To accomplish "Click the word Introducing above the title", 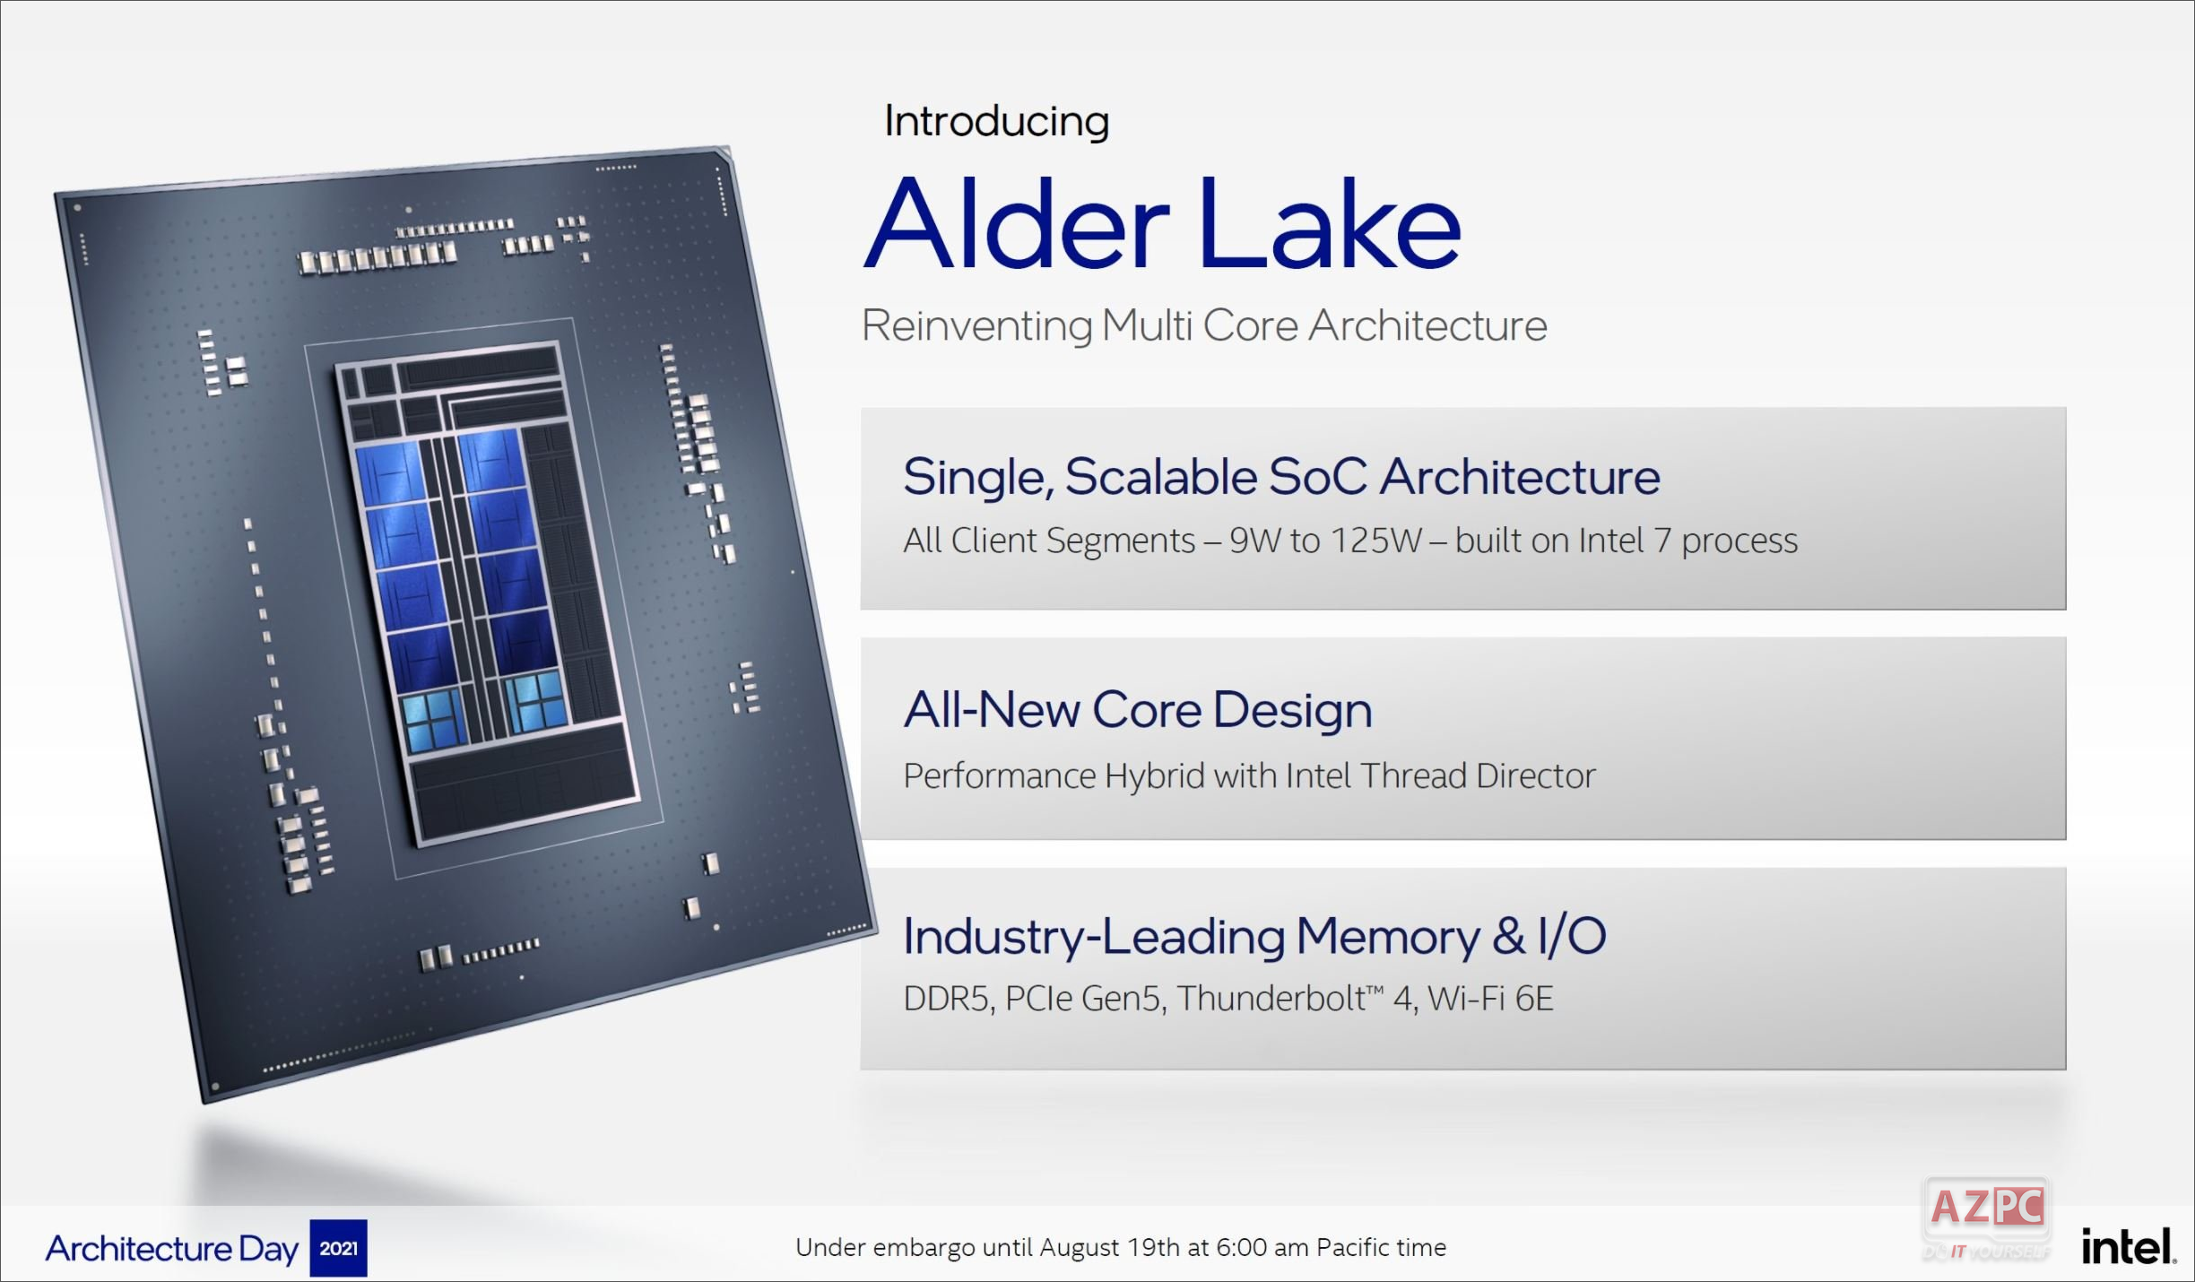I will (x=996, y=121).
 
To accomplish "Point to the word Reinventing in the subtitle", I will (x=976, y=325).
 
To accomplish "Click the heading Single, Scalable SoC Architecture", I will (x=1280, y=476).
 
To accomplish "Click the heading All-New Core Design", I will (x=1137, y=710).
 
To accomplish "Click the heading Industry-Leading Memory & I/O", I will (x=1254, y=936).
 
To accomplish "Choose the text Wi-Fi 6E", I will (x=1490, y=999).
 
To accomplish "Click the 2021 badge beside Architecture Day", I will (x=338, y=1248).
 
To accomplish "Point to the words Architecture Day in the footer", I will (x=171, y=1248).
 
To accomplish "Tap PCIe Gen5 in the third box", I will (x=1084, y=999).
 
